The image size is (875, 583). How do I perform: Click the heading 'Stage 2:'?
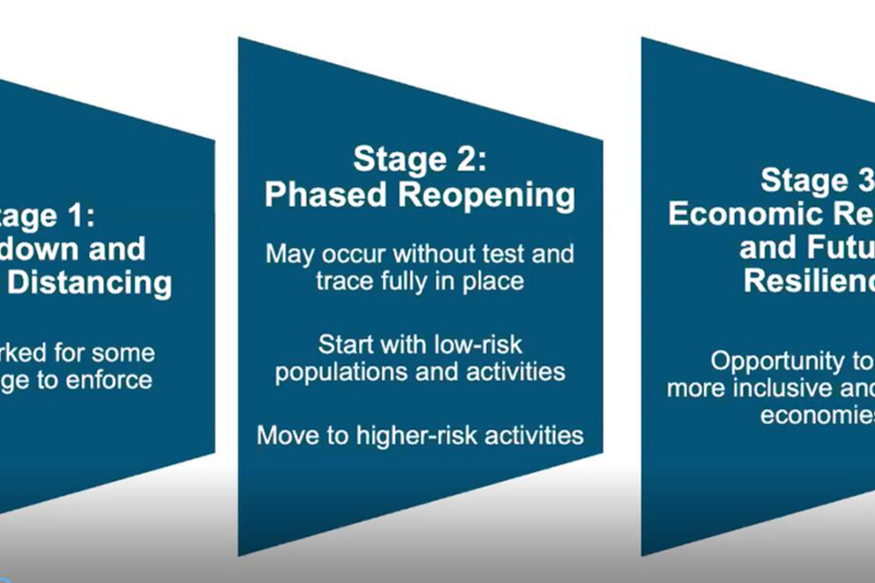420,159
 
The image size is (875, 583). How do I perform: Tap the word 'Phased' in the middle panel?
326,195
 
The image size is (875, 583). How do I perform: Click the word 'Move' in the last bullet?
284,435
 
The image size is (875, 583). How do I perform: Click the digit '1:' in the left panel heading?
81,216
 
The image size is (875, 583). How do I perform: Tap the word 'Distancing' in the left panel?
90,283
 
